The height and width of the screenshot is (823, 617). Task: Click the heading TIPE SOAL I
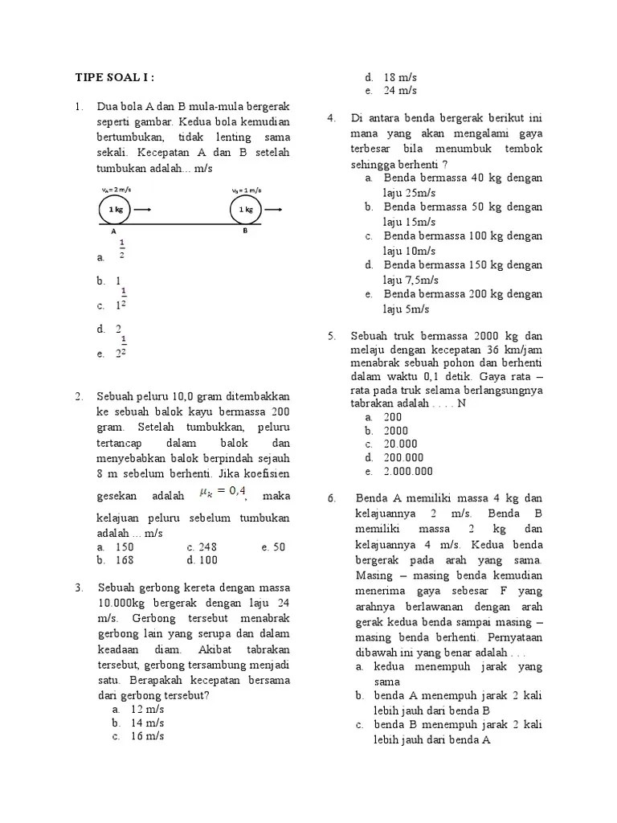tap(114, 77)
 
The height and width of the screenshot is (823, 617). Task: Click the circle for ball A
tap(115, 210)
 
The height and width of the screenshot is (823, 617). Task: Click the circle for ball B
tap(246, 210)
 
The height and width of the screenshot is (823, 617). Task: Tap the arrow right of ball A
tap(143, 210)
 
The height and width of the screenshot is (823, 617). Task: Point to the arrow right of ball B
tap(274, 210)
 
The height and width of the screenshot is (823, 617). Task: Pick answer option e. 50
tap(273, 547)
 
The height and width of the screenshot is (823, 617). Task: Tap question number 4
tap(331, 119)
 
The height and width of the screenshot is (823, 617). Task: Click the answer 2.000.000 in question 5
tap(408, 471)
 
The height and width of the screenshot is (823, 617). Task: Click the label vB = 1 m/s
tap(247, 190)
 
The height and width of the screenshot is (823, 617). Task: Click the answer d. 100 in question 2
tap(202, 560)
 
